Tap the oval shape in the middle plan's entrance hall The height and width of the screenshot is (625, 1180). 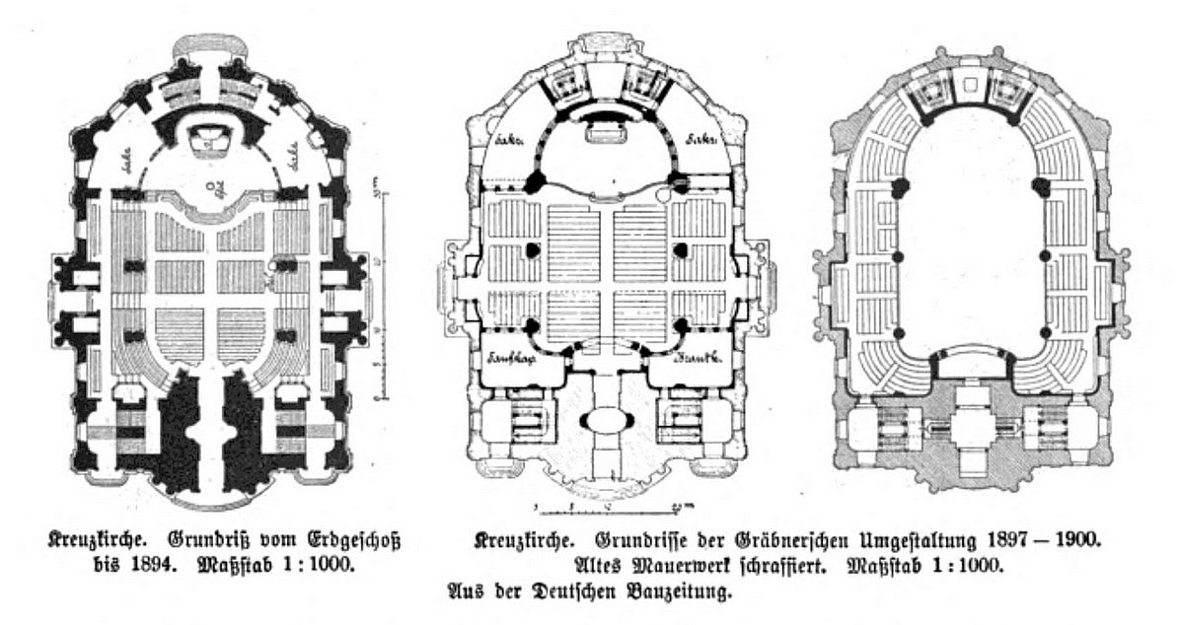point(606,420)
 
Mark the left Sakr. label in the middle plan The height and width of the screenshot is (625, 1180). point(509,144)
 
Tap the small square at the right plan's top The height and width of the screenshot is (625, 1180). point(973,83)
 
